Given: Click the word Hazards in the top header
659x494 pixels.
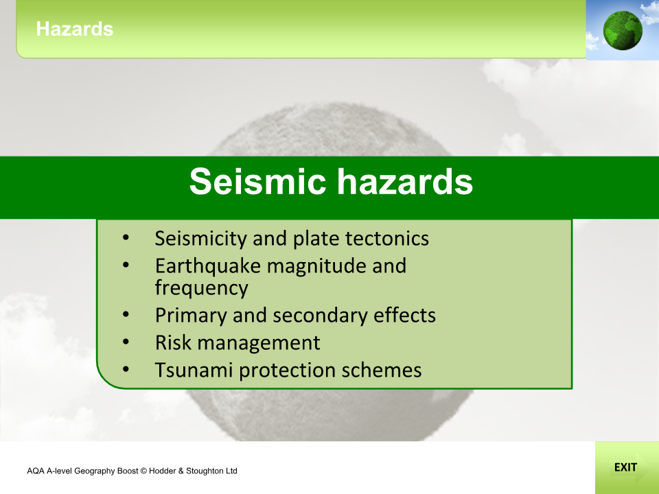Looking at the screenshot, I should tap(74, 29).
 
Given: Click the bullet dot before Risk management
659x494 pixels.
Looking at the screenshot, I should tap(125, 341).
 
